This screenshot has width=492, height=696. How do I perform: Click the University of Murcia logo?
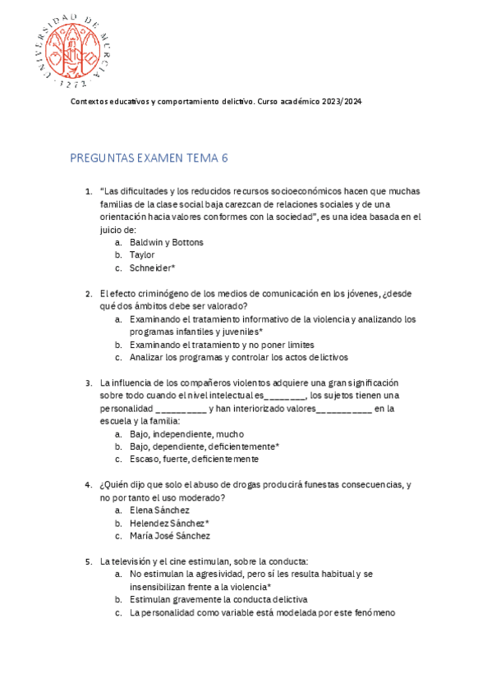pyautogui.click(x=72, y=48)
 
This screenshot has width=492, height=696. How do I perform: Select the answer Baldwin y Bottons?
pyautogui.click(x=167, y=243)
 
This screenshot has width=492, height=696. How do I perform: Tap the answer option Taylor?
pyautogui.click(x=142, y=255)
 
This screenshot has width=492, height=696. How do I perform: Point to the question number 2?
pyautogui.click(x=89, y=294)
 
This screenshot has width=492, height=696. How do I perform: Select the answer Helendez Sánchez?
pyautogui.click(x=169, y=523)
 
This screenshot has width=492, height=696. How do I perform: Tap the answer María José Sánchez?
pyautogui.click(x=170, y=536)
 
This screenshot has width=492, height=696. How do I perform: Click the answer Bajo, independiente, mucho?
pyautogui.click(x=186, y=434)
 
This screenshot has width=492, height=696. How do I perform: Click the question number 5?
pyautogui.click(x=89, y=561)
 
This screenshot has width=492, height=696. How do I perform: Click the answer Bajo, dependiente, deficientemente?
pyautogui.click(x=205, y=446)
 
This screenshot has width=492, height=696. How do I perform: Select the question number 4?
pyautogui.click(x=89, y=485)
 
